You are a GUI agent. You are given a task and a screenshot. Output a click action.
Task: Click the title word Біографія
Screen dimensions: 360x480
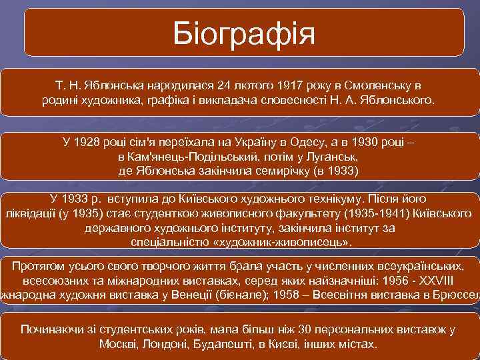243,32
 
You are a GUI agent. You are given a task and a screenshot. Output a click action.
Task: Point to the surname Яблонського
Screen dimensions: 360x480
398,101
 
